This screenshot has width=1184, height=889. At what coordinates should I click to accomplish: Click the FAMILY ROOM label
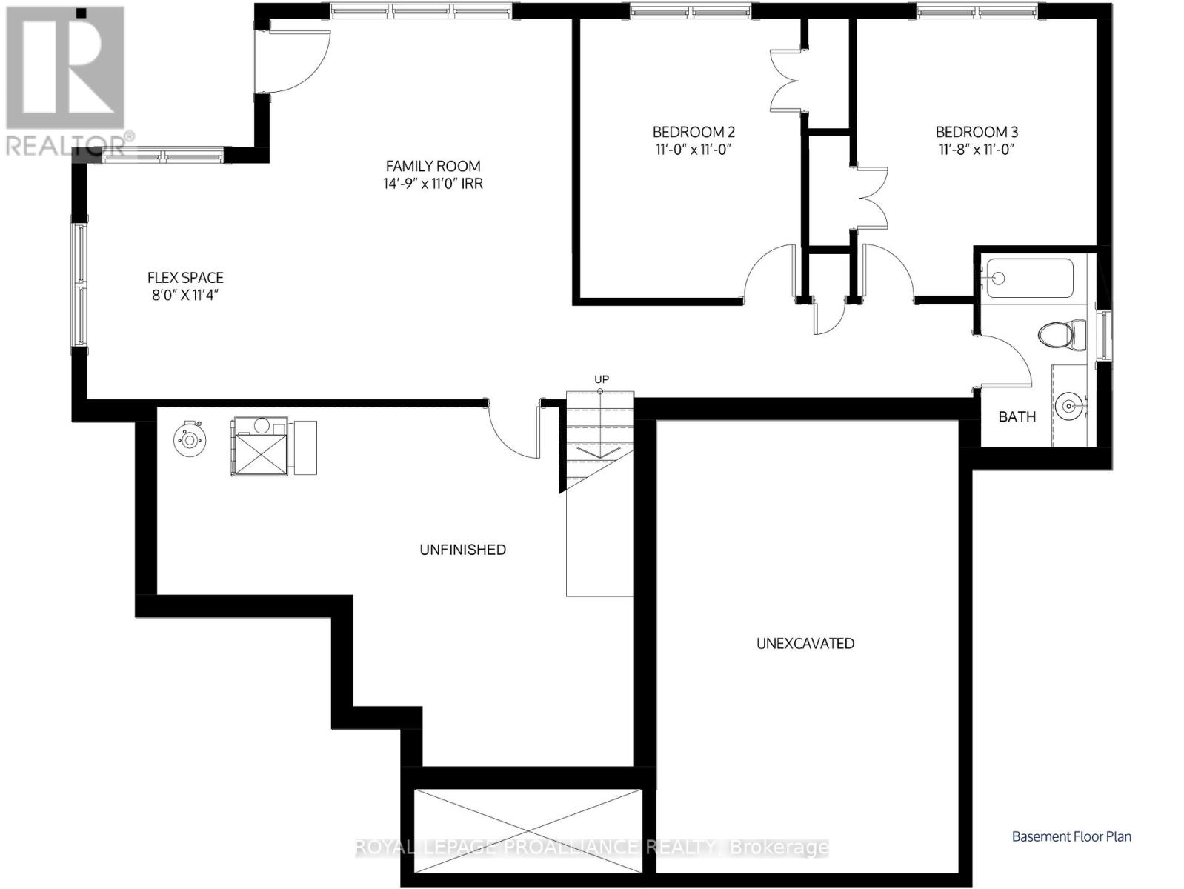click(x=433, y=166)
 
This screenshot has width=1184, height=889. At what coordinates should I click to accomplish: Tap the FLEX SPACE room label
click(x=185, y=278)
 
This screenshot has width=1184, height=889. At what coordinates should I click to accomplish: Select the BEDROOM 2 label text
click(x=694, y=132)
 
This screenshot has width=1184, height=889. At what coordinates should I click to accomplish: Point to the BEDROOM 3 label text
click(x=977, y=132)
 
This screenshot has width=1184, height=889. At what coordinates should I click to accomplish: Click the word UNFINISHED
click(x=462, y=550)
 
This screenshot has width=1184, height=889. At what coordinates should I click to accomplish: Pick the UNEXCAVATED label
click(x=805, y=643)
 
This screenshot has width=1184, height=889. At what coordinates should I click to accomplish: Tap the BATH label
click(x=1017, y=416)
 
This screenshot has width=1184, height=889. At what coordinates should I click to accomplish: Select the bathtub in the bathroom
click(x=1028, y=278)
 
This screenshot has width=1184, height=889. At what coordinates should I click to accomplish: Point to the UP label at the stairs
click(x=602, y=379)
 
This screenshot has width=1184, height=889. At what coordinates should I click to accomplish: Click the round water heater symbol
click(x=190, y=440)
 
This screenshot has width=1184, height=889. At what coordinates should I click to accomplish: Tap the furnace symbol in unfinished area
click(x=259, y=447)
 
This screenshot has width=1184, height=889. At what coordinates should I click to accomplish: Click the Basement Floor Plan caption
click(x=1071, y=836)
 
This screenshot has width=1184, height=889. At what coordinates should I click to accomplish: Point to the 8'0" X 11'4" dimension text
click(x=185, y=296)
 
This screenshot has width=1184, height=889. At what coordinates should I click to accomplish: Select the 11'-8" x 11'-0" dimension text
click(x=977, y=150)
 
